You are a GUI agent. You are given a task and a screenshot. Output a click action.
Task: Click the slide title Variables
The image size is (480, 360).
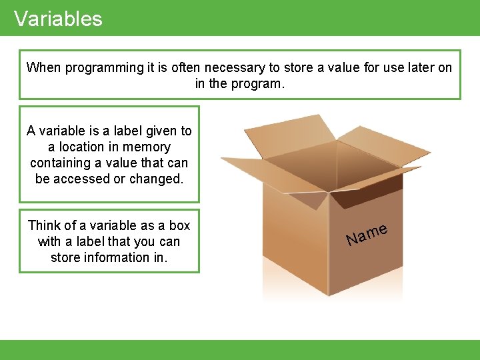point(58,19)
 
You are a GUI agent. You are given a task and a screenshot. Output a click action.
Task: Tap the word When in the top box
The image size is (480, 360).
point(42,67)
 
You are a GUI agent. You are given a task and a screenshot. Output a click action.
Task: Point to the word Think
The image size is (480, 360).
point(44,225)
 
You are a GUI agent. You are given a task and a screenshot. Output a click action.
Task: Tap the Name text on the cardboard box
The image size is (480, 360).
point(367,234)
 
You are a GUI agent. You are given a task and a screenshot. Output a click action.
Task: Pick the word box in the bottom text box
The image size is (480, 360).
point(179,225)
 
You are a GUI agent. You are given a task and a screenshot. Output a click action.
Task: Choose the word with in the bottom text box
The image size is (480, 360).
point(50,241)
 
